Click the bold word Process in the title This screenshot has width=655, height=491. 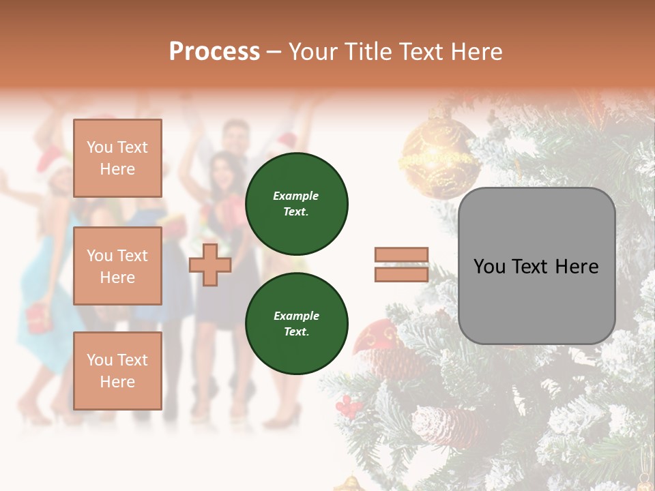point(214,52)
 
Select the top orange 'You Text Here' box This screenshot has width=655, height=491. point(117,158)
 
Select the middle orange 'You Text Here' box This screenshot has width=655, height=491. point(117,266)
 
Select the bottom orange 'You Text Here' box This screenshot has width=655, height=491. point(117,370)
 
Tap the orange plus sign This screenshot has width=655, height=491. point(210,265)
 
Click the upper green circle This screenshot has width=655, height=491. point(297,204)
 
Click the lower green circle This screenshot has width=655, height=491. point(297,324)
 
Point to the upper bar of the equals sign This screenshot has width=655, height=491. point(402,255)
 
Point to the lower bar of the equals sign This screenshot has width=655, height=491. point(402,274)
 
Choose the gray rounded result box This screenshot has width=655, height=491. point(536,266)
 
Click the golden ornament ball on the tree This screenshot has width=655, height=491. point(439,160)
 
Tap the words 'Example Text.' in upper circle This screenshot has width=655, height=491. point(296,204)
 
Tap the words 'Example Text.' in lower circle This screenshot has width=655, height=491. point(296,324)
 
